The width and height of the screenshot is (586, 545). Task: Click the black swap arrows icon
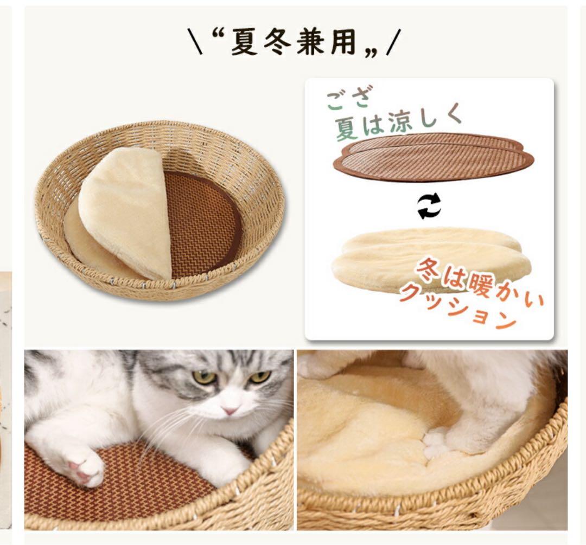pyautogui.click(x=429, y=207)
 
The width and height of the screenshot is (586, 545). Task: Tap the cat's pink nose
pyautogui.click(x=230, y=411)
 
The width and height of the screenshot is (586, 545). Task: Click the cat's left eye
pyautogui.click(x=205, y=377)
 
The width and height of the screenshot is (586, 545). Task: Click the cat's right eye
pyautogui.click(x=259, y=376)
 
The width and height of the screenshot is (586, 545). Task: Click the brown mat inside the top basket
pyautogui.click(x=203, y=222)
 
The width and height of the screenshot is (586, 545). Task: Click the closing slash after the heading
pyautogui.click(x=392, y=43)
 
